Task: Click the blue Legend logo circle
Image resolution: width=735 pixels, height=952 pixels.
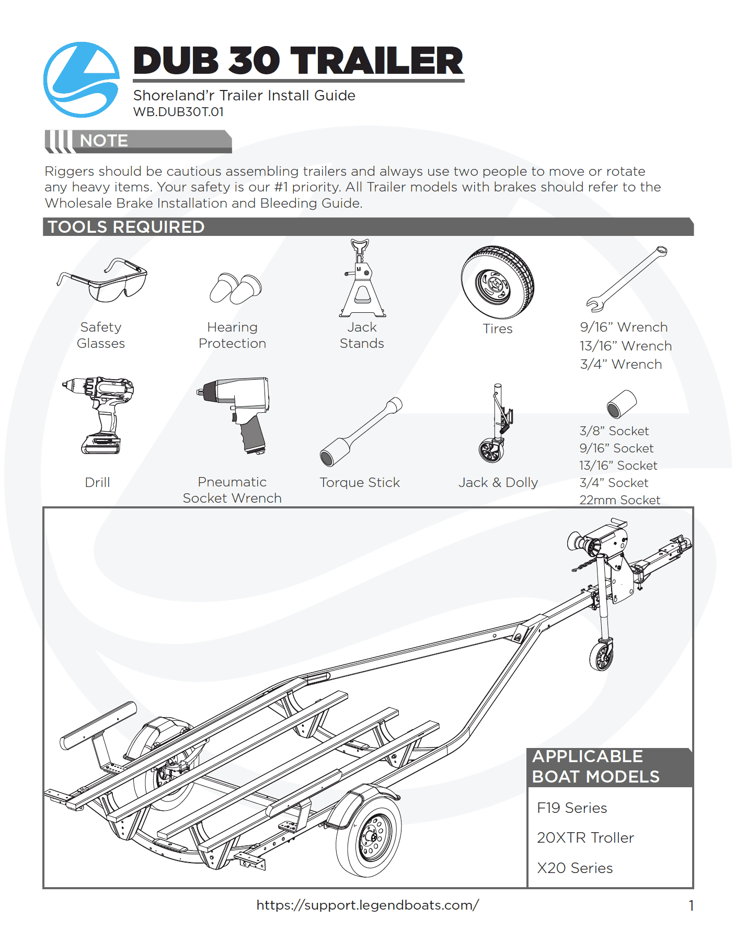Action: click(81, 80)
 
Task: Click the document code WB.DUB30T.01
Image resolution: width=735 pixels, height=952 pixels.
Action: click(178, 112)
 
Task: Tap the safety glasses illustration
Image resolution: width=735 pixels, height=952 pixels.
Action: click(103, 281)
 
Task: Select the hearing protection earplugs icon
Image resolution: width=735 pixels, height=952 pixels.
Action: click(235, 288)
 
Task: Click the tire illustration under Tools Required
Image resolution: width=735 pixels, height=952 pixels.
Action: click(497, 282)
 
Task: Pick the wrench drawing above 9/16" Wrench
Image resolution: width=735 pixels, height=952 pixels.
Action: click(626, 279)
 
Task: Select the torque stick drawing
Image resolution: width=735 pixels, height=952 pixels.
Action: click(360, 432)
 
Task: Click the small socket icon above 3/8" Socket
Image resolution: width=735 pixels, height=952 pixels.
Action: click(621, 404)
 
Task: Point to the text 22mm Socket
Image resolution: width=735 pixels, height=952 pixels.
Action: click(619, 500)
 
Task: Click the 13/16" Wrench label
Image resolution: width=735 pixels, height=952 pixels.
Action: click(625, 346)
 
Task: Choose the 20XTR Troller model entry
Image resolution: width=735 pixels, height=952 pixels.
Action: click(585, 838)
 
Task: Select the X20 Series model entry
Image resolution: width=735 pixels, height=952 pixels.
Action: click(575, 868)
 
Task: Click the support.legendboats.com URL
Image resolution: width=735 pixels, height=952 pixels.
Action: click(367, 905)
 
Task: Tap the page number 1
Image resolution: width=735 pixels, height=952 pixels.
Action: click(691, 906)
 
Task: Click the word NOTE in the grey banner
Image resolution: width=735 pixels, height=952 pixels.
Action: click(104, 141)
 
